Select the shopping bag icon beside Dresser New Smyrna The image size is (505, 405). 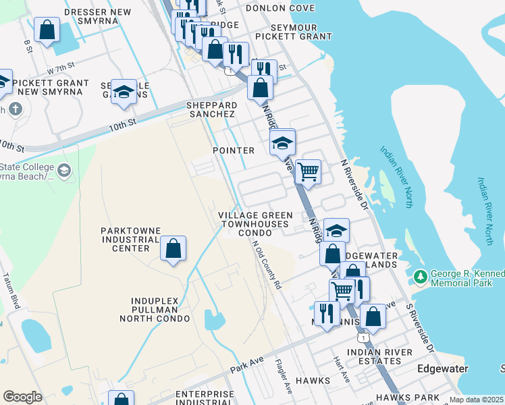(47, 30)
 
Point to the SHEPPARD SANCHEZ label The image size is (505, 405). (212, 110)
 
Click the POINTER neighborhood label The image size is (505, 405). (233, 151)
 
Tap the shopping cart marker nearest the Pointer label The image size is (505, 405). (308, 171)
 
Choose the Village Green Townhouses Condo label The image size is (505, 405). (255, 223)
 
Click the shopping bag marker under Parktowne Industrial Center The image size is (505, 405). (174, 248)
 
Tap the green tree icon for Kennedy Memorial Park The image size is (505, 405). (421, 277)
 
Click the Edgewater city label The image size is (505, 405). (443, 369)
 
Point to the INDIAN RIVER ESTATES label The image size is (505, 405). (379, 356)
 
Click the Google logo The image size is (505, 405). (22, 396)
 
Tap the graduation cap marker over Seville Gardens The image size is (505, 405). (124, 92)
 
